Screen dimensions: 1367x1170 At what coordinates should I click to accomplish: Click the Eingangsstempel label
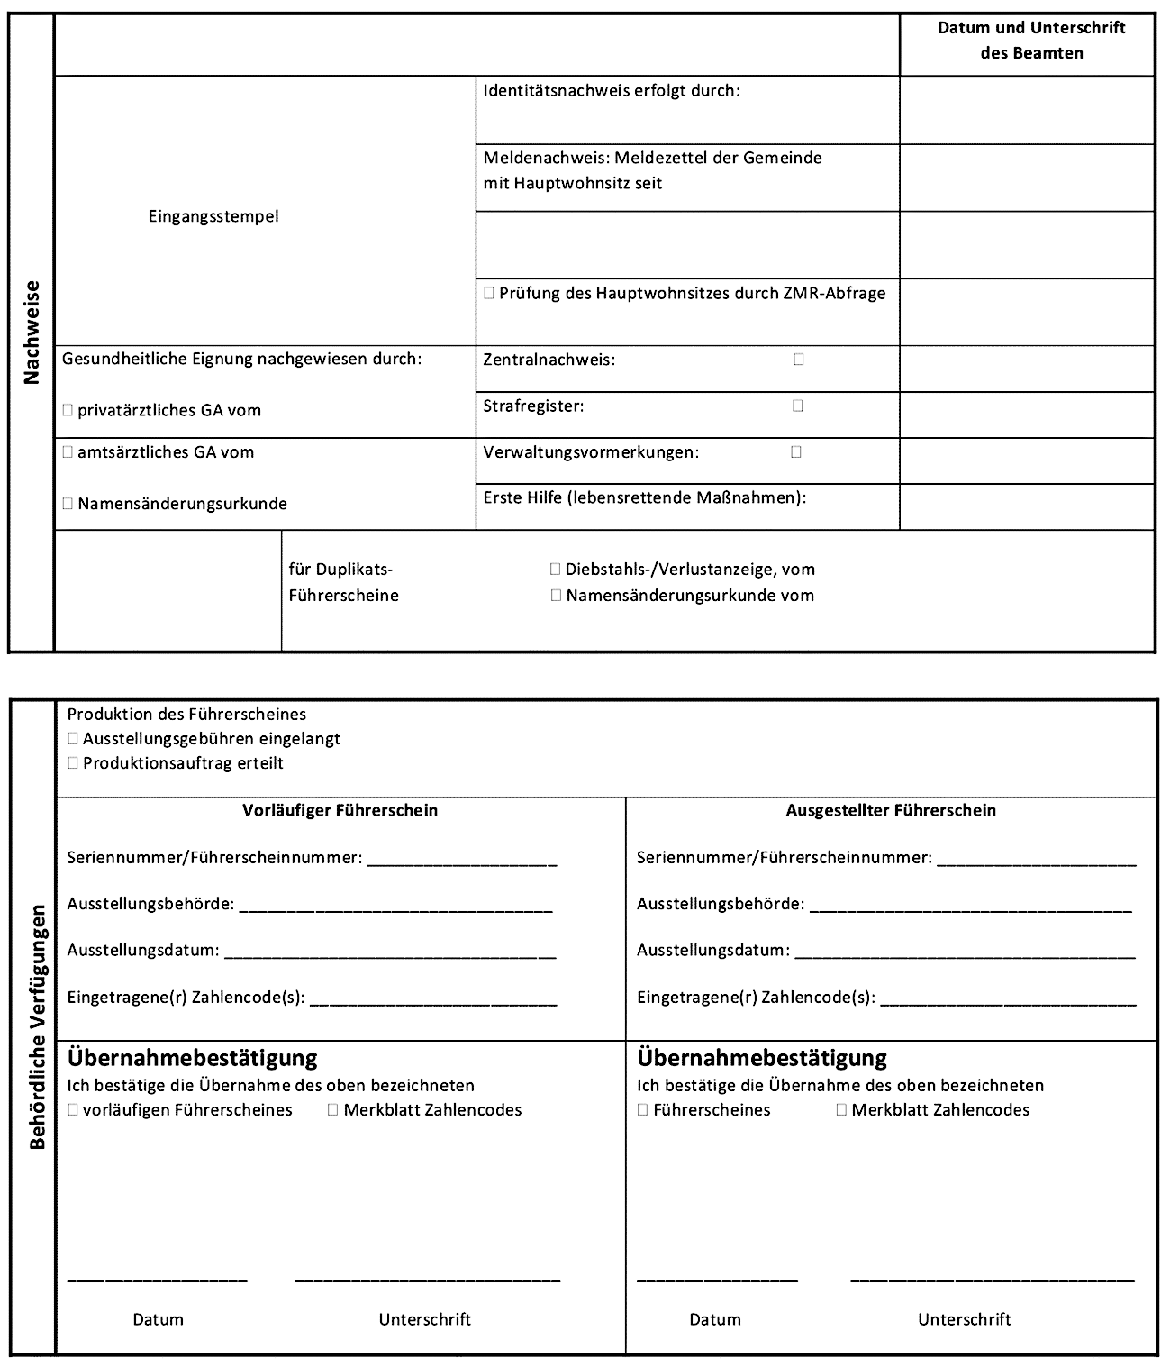213,216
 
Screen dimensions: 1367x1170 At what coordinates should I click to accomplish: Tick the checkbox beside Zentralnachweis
798,360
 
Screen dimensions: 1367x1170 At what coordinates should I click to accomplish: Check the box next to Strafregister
797,406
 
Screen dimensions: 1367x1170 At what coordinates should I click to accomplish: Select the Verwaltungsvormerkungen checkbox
796,451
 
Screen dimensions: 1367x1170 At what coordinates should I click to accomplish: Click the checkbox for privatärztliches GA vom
68,410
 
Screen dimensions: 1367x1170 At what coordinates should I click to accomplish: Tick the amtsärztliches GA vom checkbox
68,452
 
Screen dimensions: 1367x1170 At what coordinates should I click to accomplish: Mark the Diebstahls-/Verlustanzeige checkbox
555,570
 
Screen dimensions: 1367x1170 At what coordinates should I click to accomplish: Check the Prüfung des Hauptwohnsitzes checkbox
489,293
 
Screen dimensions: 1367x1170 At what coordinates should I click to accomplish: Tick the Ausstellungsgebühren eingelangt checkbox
73,739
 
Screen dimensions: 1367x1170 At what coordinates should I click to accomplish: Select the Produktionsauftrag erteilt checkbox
73,763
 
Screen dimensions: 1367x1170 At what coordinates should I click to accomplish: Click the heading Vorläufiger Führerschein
340,810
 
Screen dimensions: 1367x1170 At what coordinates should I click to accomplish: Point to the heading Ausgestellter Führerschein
891,810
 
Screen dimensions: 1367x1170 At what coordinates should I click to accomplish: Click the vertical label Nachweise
32,333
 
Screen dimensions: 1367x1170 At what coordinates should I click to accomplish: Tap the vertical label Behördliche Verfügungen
36,1027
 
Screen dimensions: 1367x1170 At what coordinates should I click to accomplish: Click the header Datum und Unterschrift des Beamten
1030,41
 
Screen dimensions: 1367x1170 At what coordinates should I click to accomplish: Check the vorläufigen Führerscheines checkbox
73,1110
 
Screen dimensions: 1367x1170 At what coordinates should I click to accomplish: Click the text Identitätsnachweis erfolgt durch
612,91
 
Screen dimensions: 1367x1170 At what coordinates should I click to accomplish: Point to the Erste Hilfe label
644,497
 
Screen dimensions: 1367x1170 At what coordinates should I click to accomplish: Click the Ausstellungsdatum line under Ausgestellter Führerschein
964,952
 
